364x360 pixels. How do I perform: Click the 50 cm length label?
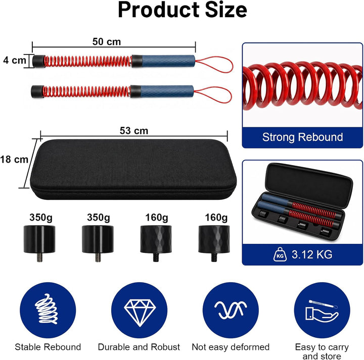pos(107,42)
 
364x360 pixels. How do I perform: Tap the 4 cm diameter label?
pos(15,60)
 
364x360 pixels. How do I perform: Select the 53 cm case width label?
pos(134,131)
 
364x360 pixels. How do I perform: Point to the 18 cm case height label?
pos(14,160)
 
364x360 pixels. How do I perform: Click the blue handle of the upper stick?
pos(168,61)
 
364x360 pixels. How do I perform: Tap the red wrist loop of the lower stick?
pos(212,94)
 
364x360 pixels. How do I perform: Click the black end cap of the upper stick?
pos(38,61)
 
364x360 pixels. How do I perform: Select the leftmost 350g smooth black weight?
pos(39,241)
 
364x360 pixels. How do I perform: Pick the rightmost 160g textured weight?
pos(214,241)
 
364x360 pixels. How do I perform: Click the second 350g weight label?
pos(99,218)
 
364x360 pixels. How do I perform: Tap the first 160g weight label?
pos(157,218)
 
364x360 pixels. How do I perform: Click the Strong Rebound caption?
pos(302,137)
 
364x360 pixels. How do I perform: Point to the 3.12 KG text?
pos(312,254)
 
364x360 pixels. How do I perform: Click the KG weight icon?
pos(280,254)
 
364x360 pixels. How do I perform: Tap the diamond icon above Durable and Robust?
pos(140,313)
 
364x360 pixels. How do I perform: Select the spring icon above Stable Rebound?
pos(47,309)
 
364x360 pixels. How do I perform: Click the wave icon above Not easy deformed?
pos(231,310)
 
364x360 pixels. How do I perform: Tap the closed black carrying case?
pos(133,169)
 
